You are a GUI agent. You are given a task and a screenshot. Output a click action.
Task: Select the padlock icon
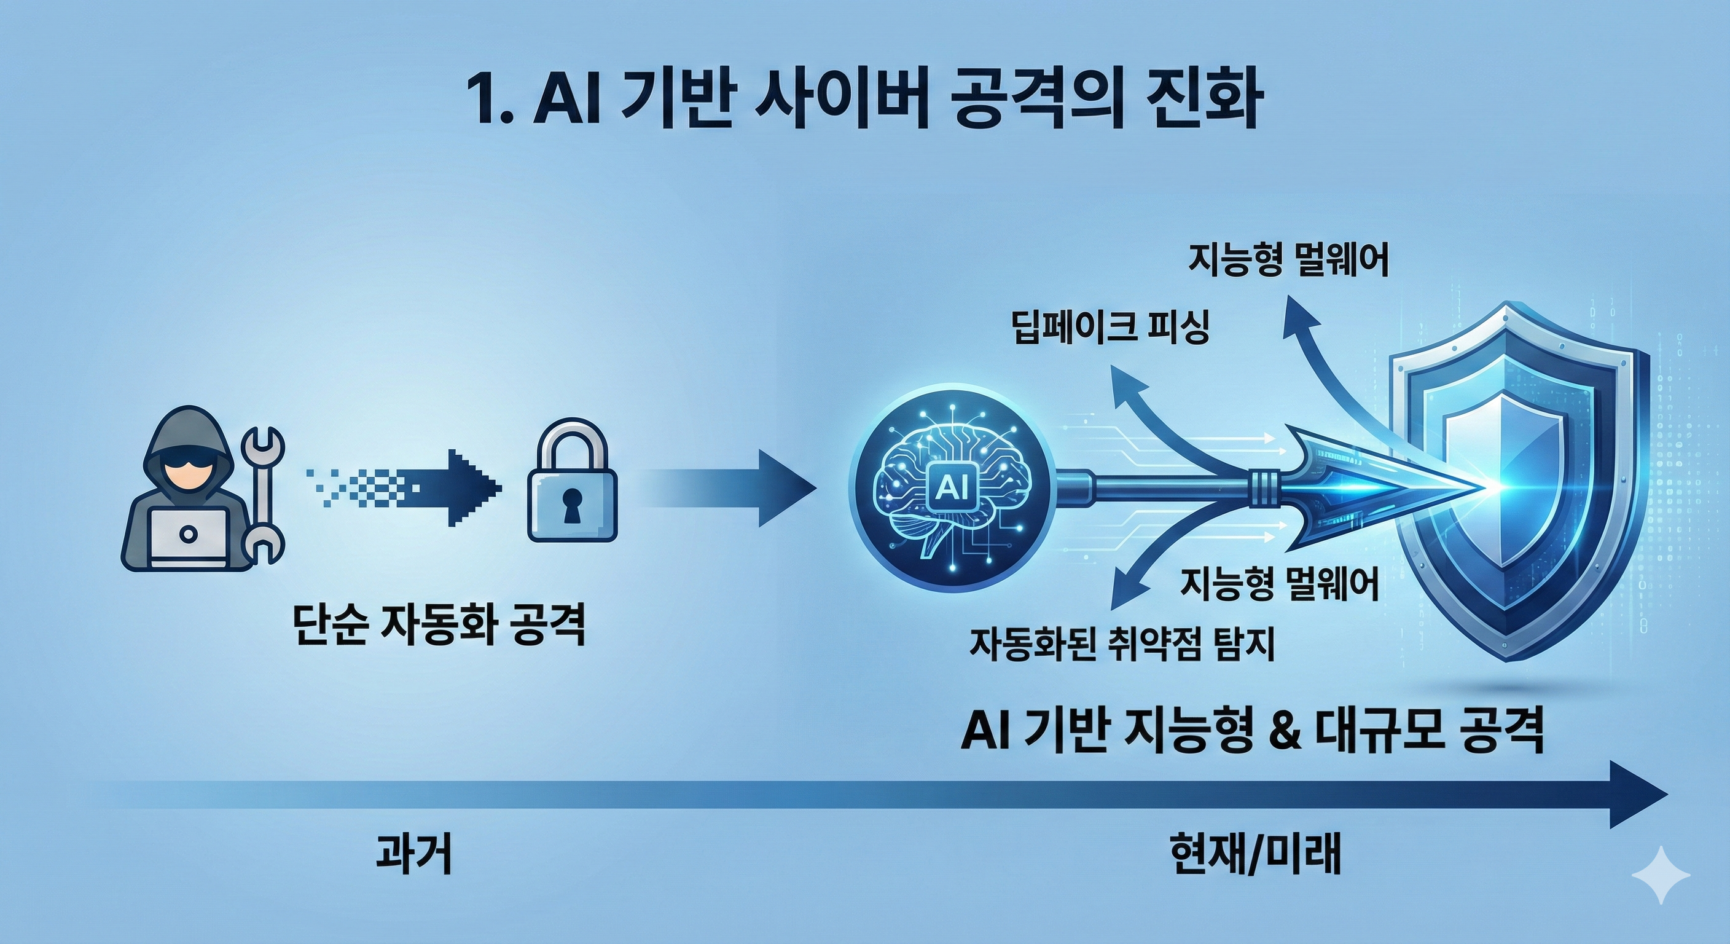(x=571, y=484)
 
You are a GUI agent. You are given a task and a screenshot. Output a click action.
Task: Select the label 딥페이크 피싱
(x=1111, y=329)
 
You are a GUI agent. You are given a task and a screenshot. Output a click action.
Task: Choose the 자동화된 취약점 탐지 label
(x=1122, y=643)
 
